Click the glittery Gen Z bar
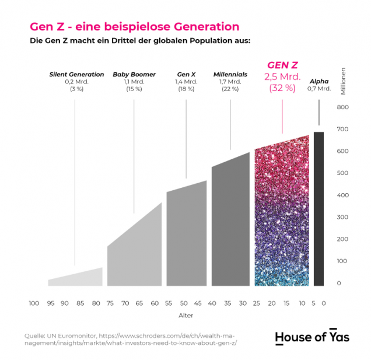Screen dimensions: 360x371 (282, 216)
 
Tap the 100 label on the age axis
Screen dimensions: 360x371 (34, 303)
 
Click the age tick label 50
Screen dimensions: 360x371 (183, 303)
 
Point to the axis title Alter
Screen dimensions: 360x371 (185, 316)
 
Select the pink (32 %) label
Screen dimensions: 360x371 (282, 89)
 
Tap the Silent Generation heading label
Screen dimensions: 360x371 (76, 74)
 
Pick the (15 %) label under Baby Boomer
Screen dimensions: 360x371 (134, 89)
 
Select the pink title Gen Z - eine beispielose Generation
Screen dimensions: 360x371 (134, 27)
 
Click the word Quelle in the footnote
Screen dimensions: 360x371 (35, 335)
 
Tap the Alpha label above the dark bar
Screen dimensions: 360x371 (318, 81)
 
